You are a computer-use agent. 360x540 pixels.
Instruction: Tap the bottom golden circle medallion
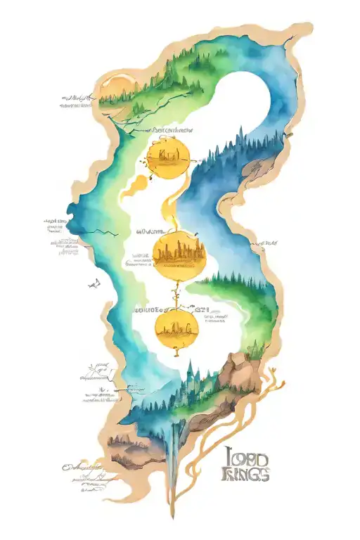[176, 327]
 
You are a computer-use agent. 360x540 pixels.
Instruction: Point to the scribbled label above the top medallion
[172, 130]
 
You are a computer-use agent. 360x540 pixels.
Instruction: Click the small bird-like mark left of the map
[92, 284]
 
